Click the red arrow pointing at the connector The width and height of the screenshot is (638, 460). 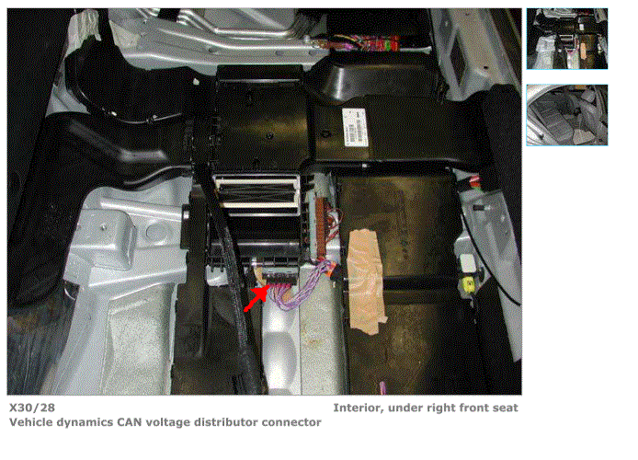[x=256, y=298]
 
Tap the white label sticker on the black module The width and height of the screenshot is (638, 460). [x=355, y=127]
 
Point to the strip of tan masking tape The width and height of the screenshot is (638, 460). [x=365, y=282]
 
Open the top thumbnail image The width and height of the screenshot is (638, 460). [x=567, y=39]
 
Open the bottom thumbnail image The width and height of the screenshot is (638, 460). [x=567, y=115]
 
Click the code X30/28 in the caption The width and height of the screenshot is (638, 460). [x=32, y=408]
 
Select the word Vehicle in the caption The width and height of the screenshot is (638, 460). [x=31, y=422]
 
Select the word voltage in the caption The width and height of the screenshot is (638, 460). [x=168, y=423]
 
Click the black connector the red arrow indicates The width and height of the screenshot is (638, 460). [x=280, y=275]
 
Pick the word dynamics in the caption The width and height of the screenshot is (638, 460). [x=85, y=423]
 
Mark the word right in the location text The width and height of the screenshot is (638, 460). [x=442, y=408]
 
